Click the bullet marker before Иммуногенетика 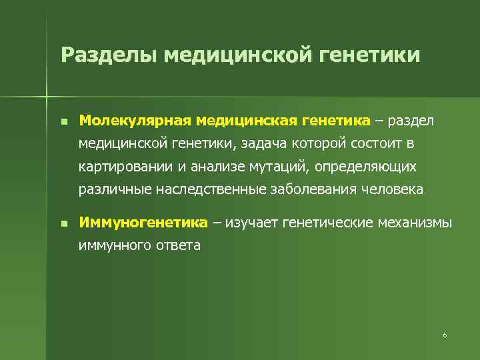pos(63,223)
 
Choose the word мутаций pos(280,167)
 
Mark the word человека pos(393,189)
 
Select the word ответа pos(178,245)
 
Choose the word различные pos(114,189)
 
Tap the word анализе pos(214,167)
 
